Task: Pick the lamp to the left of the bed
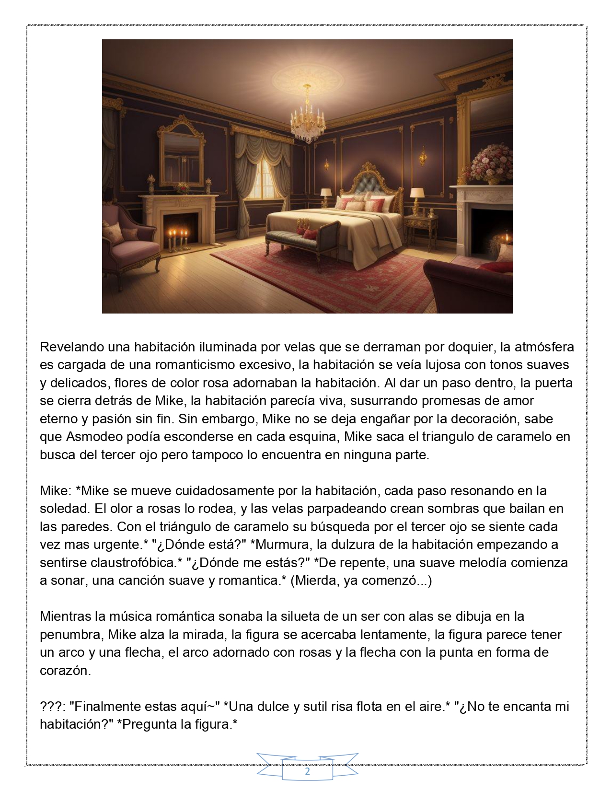(x=326, y=194)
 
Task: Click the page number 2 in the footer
(x=307, y=772)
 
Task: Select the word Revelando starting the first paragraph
(x=72, y=347)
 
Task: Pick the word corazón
(x=65, y=670)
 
